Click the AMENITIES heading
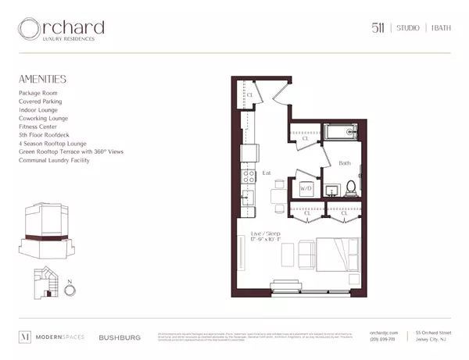pyautogui.click(x=43, y=79)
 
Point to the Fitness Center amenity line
pyautogui.click(x=39, y=127)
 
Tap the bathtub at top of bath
pyautogui.click(x=341, y=133)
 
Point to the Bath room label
pyautogui.click(x=345, y=163)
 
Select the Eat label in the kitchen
pyautogui.click(x=267, y=173)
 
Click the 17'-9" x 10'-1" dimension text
pyautogui.click(x=264, y=240)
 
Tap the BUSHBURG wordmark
pyautogui.click(x=120, y=337)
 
